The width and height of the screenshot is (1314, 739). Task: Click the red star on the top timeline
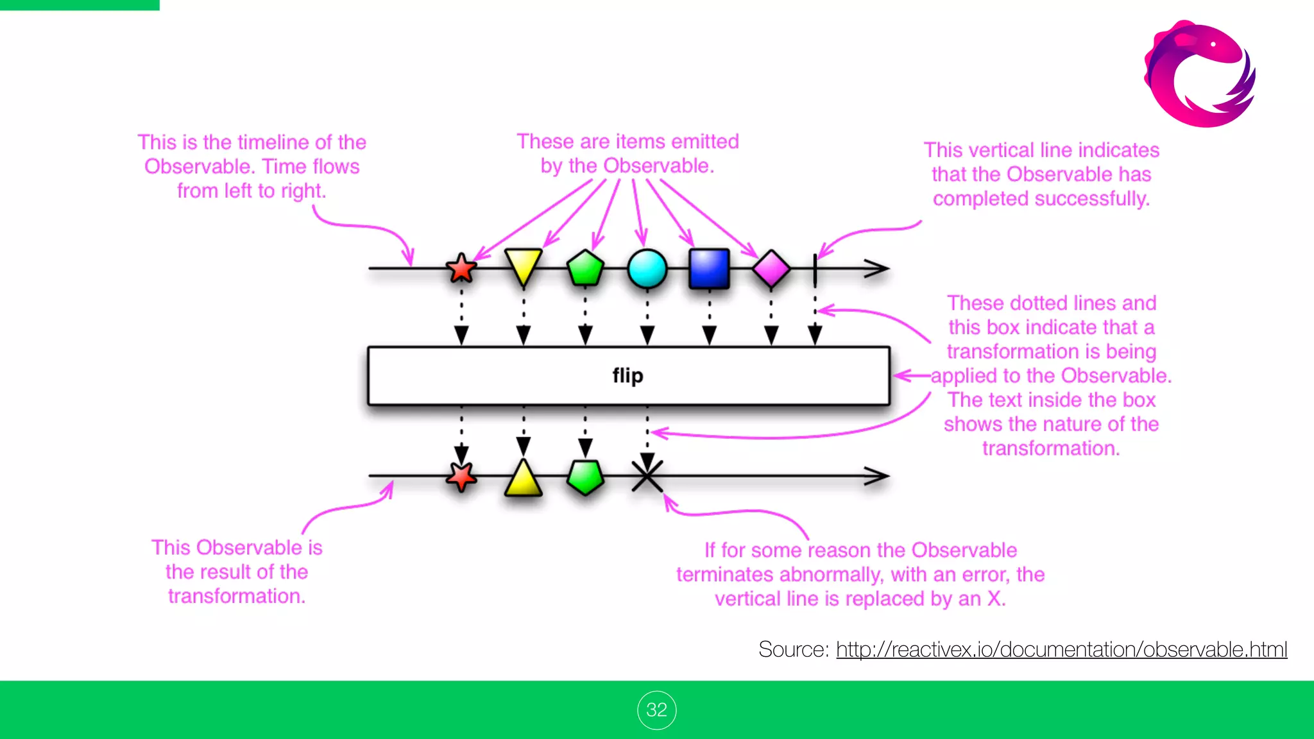tap(461, 268)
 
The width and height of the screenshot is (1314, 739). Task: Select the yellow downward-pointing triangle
tap(523, 265)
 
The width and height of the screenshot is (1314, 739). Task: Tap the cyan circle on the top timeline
tap(647, 269)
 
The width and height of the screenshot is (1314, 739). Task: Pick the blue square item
tap(709, 269)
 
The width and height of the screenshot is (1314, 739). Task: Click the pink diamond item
tap(771, 269)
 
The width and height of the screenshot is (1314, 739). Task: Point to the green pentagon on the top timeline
tap(585, 268)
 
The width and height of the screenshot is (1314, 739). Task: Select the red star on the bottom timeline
tap(461, 477)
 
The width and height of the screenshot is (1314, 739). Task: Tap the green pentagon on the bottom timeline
tap(585, 477)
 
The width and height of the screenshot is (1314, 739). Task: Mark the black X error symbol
tap(647, 477)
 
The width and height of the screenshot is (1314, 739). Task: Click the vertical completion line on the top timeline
tap(815, 269)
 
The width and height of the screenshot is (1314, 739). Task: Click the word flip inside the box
tap(627, 375)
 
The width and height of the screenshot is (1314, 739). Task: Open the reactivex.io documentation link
tap(1061, 649)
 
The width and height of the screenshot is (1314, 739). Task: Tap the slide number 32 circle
tap(656, 710)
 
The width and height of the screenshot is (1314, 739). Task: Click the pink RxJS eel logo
tap(1200, 74)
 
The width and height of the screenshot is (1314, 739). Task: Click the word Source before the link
tap(792, 649)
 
